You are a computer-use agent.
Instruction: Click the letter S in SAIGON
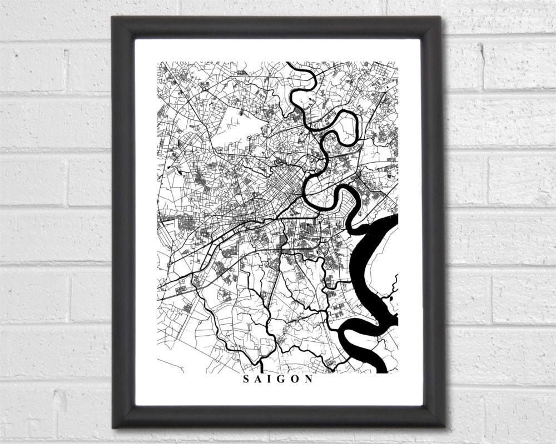tap(246, 380)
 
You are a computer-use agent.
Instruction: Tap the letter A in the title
tap(258, 380)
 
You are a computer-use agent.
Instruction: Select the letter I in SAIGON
tap(270, 380)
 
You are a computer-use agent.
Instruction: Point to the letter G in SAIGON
tap(281, 380)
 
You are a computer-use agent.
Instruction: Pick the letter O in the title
tap(295, 380)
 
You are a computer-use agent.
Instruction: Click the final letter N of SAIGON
tap(309, 380)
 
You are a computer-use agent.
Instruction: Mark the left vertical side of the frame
tap(123, 222)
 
